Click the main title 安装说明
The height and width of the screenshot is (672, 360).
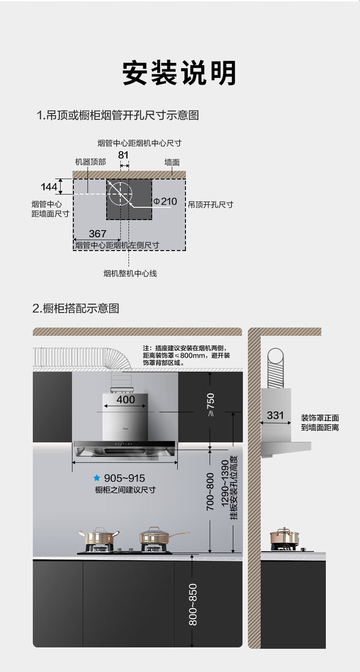(x=180, y=73)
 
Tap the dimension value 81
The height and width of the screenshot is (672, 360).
(x=123, y=155)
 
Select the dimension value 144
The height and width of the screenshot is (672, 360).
(x=49, y=186)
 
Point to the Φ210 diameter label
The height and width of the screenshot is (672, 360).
(x=165, y=201)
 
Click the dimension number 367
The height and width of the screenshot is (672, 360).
(x=98, y=234)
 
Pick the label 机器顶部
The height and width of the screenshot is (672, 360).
(x=90, y=162)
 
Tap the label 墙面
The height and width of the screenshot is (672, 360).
(x=172, y=162)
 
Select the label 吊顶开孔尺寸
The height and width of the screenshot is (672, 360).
(x=211, y=205)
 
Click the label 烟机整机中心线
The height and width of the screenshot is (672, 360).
(x=130, y=273)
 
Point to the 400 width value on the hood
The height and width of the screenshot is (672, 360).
(x=126, y=400)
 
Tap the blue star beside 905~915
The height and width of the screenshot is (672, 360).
(x=97, y=478)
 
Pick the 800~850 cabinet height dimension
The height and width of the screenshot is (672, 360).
(x=193, y=604)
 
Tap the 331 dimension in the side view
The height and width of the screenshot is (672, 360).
(x=275, y=416)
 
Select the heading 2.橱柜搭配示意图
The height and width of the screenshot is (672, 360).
(x=76, y=308)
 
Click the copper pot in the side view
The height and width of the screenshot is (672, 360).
(x=284, y=539)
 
